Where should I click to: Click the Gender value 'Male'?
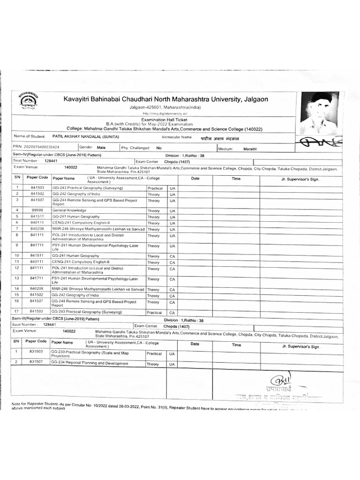pos(101,147)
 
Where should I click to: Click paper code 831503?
pos(37,351)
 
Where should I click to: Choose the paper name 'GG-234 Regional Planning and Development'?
pos(90,363)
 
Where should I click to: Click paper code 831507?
pos(37,362)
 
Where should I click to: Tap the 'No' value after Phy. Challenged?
pos(159,148)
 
